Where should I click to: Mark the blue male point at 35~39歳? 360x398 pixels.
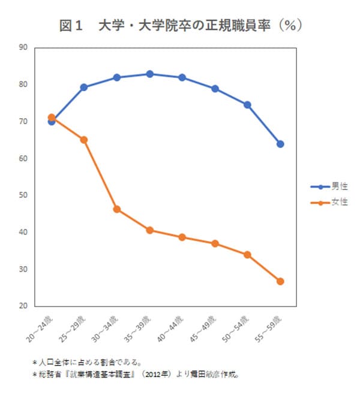[x=149, y=74]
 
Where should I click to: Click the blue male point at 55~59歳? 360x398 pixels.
[x=280, y=144]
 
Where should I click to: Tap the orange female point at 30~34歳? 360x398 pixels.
[x=117, y=209]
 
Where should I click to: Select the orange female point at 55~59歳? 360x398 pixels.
[x=280, y=281]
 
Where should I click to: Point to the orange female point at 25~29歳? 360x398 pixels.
[x=84, y=140]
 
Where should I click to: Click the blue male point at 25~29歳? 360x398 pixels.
[x=84, y=87]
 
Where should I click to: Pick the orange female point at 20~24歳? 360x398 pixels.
[x=52, y=117]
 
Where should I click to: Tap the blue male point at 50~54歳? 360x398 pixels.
[x=247, y=105]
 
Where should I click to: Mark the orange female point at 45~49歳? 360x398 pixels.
[x=215, y=243]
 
